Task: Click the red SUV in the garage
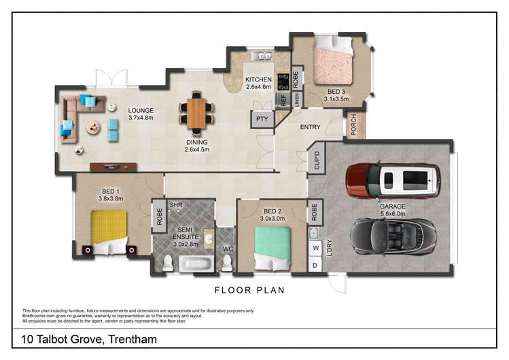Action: click(393, 180)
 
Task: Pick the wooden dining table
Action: click(196, 113)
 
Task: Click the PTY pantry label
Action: click(262, 120)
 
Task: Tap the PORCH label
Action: click(353, 125)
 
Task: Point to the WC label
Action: click(228, 249)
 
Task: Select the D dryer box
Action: click(315, 265)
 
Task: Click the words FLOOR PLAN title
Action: click(249, 290)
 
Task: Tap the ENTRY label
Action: click(311, 126)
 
